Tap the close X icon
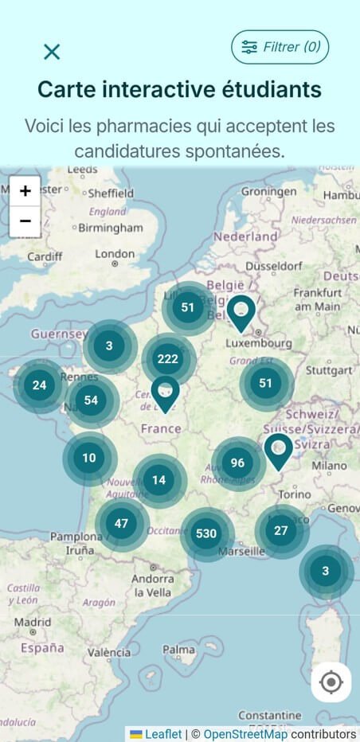click(x=52, y=52)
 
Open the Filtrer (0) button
click(x=280, y=47)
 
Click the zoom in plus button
click(x=25, y=191)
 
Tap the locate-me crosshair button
click(x=331, y=682)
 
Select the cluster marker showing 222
click(x=168, y=359)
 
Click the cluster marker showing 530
click(x=206, y=533)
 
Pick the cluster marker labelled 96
click(x=237, y=463)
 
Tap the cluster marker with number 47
click(x=121, y=524)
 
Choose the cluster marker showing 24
click(x=39, y=385)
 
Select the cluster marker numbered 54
click(x=91, y=400)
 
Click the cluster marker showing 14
click(x=159, y=480)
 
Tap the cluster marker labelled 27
click(x=280, y=530)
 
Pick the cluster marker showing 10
click(x=89, y=458)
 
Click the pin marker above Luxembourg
click(x=241, y=310)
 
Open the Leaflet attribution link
click(x=162, y=734)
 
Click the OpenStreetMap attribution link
click(x=245, y=734)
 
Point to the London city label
click(x=115, y=254)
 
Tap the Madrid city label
click(x=33, y=622)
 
